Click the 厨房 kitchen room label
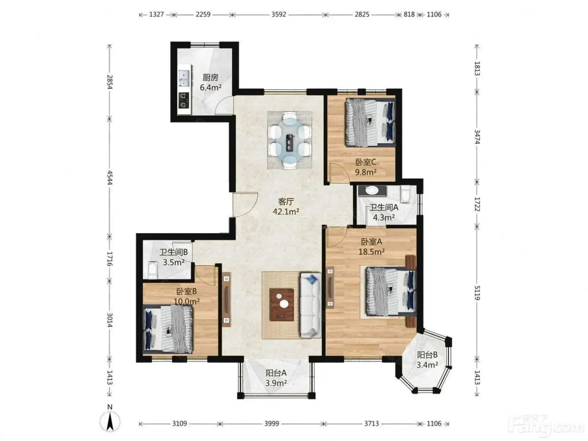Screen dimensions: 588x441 [210, 78]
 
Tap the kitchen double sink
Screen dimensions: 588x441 [184, 78]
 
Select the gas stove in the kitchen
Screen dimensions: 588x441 [184, 100]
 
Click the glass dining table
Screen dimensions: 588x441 [289, 140]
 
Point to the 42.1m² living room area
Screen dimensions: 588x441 [286, 212]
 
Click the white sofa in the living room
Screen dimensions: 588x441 [311, 305]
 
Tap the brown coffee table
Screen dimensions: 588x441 [282, 304]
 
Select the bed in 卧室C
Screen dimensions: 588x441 [370, 122]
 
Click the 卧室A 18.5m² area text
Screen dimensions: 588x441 [372, 252]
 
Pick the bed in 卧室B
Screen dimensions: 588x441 [168, 328]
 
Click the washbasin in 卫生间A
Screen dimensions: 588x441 [372, 190]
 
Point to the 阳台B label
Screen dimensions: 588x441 [427, 355]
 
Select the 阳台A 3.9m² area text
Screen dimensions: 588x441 [276, 383]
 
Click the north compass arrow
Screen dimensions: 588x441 [110, 421]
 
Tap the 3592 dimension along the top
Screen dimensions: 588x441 [278, 14]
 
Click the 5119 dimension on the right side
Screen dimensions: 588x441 [477, 293]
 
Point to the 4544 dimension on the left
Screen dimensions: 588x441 [110, 177]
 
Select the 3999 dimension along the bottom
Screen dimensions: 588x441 [272, 423]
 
